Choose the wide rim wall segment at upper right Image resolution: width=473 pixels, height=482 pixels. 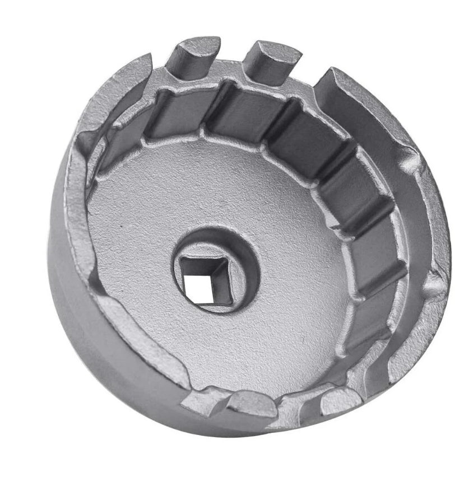click(x=359, y=101)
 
